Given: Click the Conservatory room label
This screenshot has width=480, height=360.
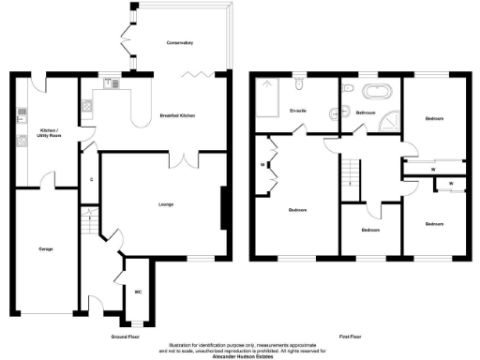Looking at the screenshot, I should coord(179,43).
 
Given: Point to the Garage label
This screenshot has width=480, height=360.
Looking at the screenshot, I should coord(44,248).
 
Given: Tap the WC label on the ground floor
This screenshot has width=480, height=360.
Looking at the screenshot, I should coord(138,290).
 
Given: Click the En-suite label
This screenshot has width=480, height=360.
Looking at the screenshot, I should coord(299,111).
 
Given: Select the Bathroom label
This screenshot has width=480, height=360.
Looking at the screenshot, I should coord(365,111).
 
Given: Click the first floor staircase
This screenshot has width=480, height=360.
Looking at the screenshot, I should coord(350,172).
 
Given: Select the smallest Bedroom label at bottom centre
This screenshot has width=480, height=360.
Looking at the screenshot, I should coord(371,229).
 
